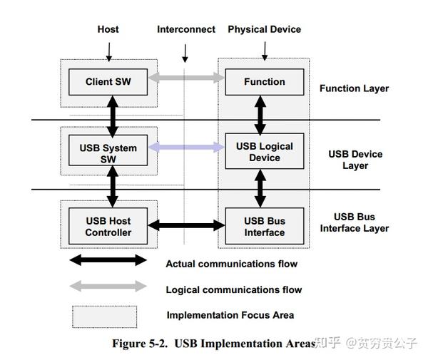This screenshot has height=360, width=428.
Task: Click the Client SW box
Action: pyautogui.click(x=108, y=82)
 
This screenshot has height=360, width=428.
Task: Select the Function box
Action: pyautogui.click(x=264, y=82)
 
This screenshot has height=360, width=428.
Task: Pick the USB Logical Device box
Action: pyautogui.click(x=264, y=152)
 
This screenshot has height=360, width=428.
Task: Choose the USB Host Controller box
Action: pyautogui.click(x=108, y=226)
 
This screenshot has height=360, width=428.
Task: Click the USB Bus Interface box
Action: pyautogui.click(x=264, y=226)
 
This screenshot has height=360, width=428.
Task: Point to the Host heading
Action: pyautogui.click(x=108, y=29)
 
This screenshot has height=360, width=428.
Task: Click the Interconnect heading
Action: pyautogui.click(x=186, y=29)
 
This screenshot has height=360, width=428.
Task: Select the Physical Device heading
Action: pyautogui.click(x=264, y=29)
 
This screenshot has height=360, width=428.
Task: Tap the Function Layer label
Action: pyautogui.click(x=354, y=88)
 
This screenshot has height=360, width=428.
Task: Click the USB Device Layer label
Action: pyautogui.click(x=355, y=160)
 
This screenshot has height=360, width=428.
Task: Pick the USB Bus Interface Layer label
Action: pyautogui.click(x=355, y=222)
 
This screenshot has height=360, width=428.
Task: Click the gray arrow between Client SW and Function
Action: pyautogui.click(x=187, y=76)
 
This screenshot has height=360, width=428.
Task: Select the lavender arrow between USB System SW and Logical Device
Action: pyautogui.click(x=187, y=148)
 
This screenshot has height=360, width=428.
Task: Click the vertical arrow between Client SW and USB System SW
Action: pyautogui.click(x=111, y=114)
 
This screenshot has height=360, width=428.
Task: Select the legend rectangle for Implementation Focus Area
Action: pyautogui.click(x=104, y=316)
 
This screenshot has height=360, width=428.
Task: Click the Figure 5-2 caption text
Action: pyautogui.click(x=213, y=344)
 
